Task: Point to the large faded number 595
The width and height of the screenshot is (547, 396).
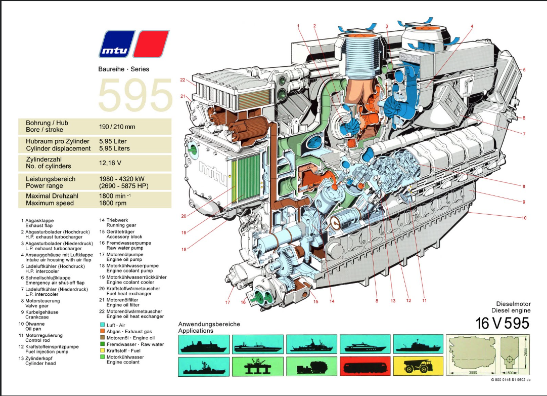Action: click(135, 95)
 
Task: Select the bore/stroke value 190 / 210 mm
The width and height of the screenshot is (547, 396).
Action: click(118, 127)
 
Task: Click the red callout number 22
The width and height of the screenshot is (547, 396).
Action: click(184, 80)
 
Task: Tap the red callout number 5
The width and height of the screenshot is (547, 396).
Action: click(524, 69)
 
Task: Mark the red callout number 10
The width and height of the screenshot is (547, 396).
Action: click(524, 218)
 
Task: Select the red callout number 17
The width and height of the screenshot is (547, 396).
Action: click(227, 302)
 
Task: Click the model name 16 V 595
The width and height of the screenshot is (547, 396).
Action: click(503, 323)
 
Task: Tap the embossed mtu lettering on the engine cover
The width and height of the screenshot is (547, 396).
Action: click(212, 172)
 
